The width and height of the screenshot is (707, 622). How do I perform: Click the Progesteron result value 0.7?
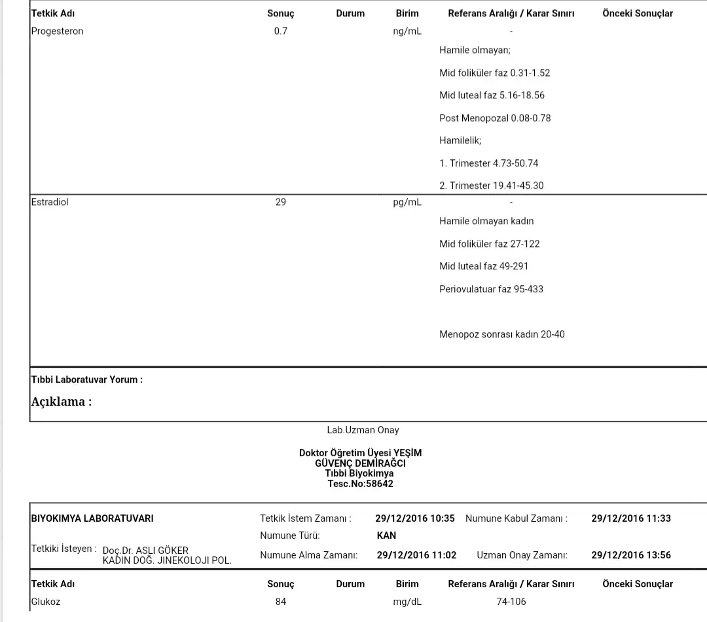click(x=280, y=31)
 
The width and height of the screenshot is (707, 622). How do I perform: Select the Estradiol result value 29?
click(x=280, y=203)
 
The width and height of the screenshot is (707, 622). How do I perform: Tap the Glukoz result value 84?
click(x=280, y=602)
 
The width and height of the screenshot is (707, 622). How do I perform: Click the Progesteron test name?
click(x=57, y=31)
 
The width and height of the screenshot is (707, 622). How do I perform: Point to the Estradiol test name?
click(x=50, y=203)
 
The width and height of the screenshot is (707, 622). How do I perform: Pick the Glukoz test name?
click(x=46, y=602)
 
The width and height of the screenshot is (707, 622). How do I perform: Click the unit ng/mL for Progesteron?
click(x=407, y=31)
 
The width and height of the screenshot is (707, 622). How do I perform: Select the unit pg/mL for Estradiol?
click(x=407, y=203)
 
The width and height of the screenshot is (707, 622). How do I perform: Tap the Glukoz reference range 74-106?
click(x=511, y=602)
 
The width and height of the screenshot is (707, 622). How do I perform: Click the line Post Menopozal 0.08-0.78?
click(x=495, y=119)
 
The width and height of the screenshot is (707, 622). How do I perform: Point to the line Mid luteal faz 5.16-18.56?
click(x=492, y=96)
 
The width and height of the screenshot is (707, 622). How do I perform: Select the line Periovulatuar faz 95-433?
click(x=491, y=289)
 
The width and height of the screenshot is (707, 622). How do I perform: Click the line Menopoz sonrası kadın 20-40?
click(x=501, y=335)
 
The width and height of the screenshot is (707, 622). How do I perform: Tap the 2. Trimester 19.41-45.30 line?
click(x=491, y=186)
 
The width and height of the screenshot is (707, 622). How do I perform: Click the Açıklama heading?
click(x=62, y=402)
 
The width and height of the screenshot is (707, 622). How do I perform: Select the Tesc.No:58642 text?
click(x=360, y=484)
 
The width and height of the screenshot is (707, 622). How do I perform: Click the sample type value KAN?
click(x=386, y=535)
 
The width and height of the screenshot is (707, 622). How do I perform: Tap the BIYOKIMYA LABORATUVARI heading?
click(x=92, y=518)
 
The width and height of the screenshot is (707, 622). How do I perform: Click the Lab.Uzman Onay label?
click(x=363, y=431)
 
